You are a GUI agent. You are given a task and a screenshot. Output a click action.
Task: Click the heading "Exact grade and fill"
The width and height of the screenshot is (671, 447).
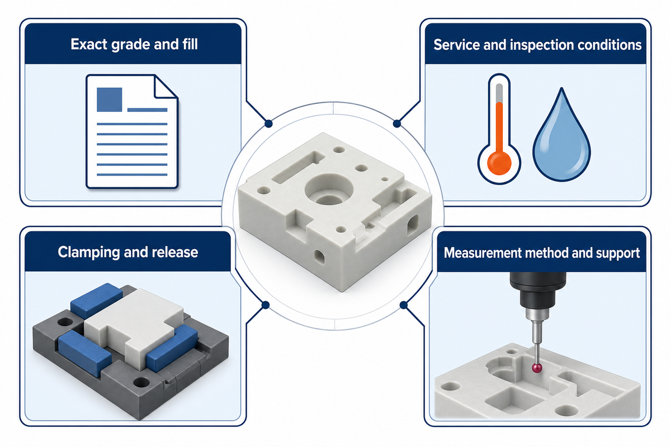click(134, 44)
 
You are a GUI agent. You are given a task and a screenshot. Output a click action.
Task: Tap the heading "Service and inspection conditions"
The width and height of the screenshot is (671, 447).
click(537, 45)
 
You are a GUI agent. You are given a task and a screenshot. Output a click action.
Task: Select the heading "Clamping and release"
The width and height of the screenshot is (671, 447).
click(128, 252)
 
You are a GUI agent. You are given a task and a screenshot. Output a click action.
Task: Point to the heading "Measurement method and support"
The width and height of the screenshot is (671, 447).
click(542, 253)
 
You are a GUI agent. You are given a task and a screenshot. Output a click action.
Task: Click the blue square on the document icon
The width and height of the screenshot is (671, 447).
click(110, 99)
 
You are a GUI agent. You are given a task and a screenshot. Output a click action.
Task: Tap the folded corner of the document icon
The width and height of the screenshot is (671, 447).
click(165, 87)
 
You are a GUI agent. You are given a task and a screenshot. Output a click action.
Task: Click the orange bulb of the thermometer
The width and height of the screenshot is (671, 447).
click(499, 163)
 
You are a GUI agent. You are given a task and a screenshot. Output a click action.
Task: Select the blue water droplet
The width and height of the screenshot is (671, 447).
click(561, 137)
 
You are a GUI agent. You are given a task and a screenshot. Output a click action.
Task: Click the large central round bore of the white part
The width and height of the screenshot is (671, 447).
click(329, 189)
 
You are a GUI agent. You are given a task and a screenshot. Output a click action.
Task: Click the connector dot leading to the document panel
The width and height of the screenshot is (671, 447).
click(268, 123)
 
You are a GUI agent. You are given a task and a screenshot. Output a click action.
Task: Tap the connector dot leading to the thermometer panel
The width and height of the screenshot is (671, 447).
click(397, 123)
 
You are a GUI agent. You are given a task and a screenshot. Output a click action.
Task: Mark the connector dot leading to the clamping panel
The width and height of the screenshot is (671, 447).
click(266, 305)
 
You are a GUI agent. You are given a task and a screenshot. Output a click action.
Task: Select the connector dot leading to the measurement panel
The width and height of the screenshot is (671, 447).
click(404, 305)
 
